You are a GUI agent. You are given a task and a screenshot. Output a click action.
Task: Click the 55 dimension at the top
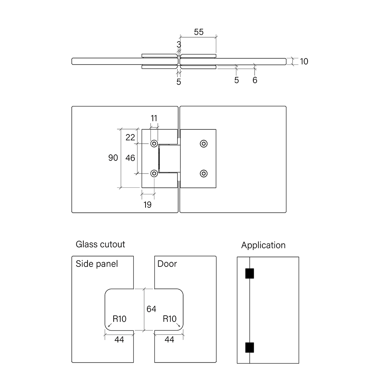(x=199, y=32)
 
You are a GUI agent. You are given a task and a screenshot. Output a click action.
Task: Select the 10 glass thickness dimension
(x=304, y=61)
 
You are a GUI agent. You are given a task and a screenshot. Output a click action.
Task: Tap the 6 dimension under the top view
(x=255, y=80)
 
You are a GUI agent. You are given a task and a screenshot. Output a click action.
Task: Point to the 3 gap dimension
(x=179, y=45)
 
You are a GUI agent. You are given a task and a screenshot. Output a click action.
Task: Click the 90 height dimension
(x=113, y=158)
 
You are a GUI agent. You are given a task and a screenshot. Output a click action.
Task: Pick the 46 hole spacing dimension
(x=130, y=158)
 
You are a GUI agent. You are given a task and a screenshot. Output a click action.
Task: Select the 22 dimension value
(x=130, y=136)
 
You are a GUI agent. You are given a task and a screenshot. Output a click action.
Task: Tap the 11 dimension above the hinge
(x=154, y=118)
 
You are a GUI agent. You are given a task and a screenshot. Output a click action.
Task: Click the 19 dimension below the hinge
(x=147, y=205)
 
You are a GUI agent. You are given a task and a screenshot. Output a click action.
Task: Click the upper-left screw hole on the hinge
(x=154, y=144)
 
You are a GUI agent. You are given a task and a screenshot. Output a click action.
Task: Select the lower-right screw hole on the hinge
(x=204, y=173)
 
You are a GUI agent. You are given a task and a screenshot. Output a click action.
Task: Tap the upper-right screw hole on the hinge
(x=204, y=144)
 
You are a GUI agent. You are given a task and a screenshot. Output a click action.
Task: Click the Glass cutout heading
(x=100, y=244)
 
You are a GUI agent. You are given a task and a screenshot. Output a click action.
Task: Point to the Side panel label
(x=97, y=264)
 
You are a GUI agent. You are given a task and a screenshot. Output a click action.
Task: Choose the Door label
(x=167, y=264)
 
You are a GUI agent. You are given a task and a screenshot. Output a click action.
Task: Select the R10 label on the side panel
(x=119, y=319)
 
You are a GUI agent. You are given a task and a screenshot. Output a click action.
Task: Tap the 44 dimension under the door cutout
(x=169, y=339)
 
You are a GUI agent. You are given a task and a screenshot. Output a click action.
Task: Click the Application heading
(x=263, y=245)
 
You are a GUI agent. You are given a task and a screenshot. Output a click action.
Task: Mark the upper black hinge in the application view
(x=250, y=273)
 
